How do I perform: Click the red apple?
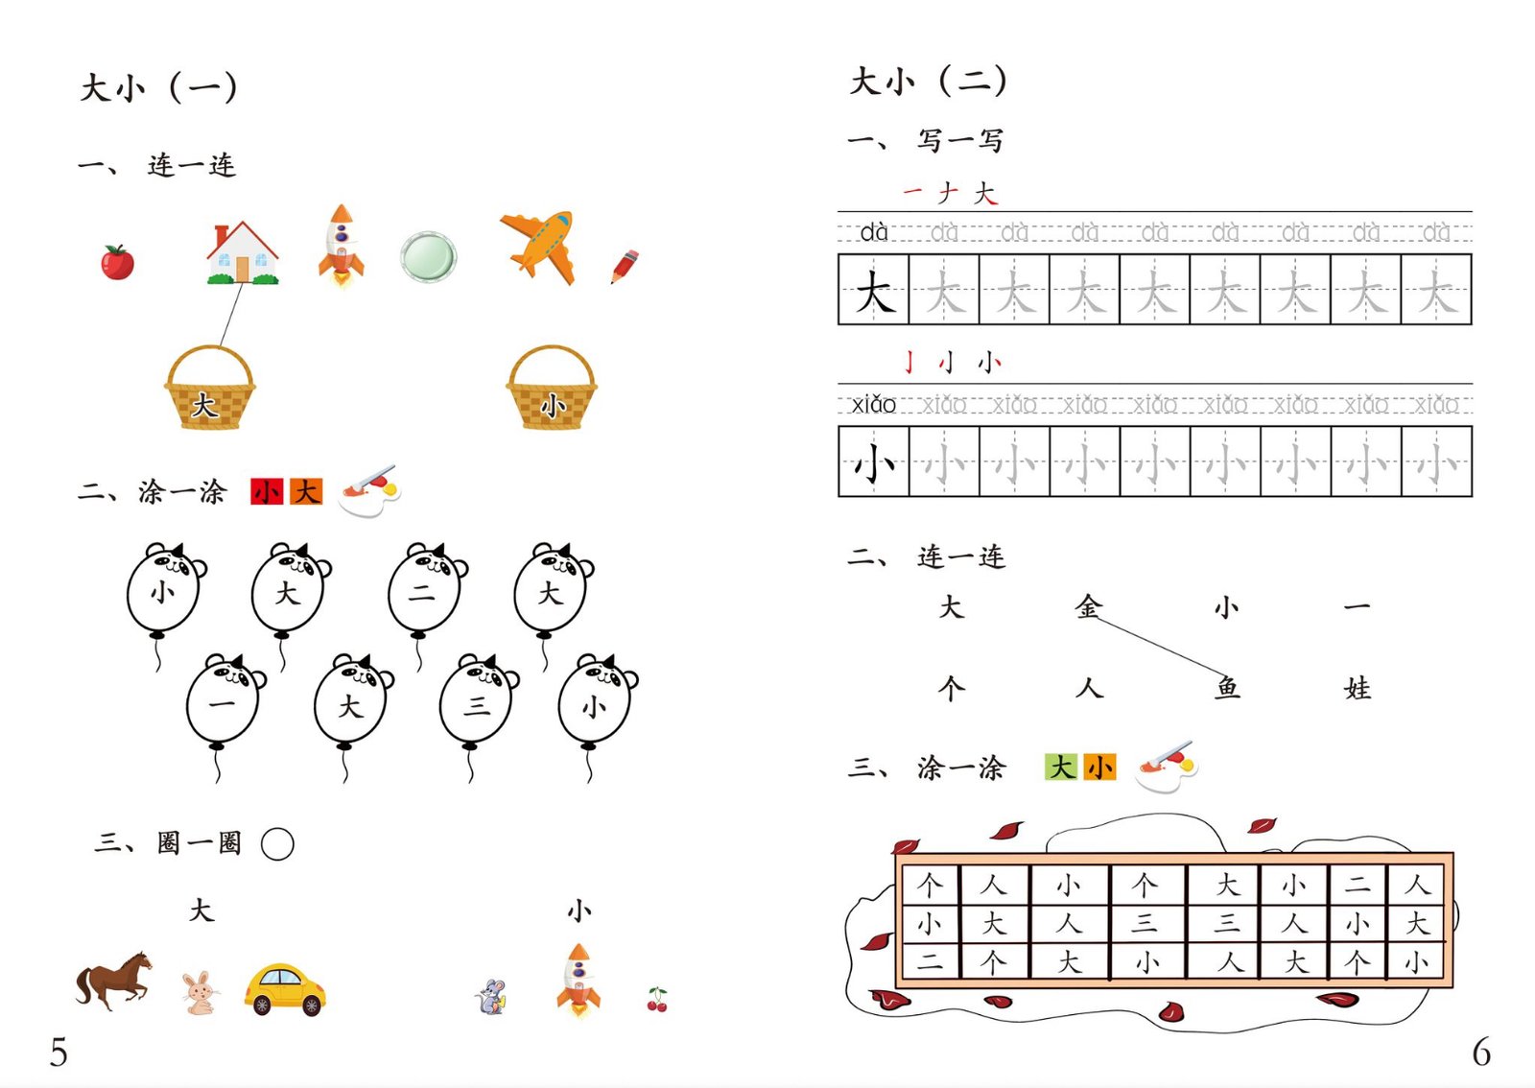117,262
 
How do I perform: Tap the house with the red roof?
243,252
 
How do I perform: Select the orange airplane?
538,247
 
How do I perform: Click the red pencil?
625,267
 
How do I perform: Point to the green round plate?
428,257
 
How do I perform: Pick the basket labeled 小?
552,388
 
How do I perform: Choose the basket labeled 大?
210,388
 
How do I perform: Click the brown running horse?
114,980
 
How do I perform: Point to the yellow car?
285,989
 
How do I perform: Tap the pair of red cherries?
657,1000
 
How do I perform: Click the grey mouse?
491,997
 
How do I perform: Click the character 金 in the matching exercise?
1088,606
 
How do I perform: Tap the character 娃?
1358,688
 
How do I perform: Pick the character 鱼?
1227,688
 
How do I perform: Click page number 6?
1481,1052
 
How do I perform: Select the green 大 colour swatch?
1061,767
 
